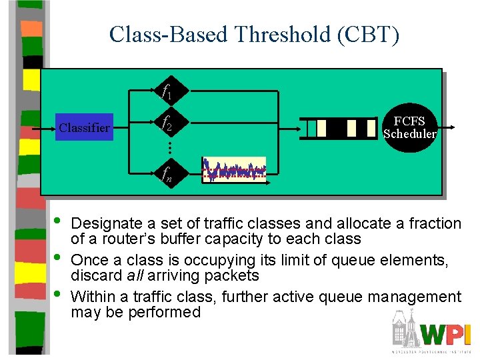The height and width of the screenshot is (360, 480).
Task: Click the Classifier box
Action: pos(84,127)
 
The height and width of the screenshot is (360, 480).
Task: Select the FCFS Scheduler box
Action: pos(409,127)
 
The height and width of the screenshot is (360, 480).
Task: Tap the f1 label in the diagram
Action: pos(167,91)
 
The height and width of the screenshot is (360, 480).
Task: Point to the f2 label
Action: pos(167,125)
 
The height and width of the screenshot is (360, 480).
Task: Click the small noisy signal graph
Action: pos(234,170)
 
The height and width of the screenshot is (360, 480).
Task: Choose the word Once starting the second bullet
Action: pos(89,260)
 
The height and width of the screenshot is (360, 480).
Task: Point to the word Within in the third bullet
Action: pos(94,297)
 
